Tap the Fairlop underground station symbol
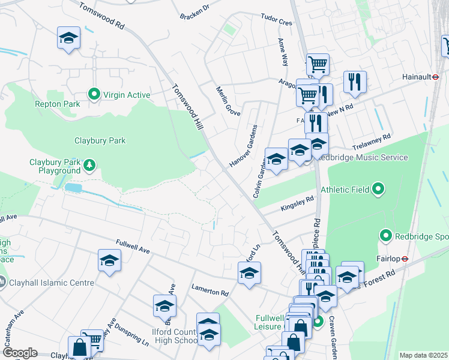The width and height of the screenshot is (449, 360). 405,260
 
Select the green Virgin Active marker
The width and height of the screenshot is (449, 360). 94,95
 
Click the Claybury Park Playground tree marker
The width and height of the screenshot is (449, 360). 89,164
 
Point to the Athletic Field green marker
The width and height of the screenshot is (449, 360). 378,190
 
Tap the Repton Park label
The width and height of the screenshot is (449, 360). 58,104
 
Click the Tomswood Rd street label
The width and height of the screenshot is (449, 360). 103,15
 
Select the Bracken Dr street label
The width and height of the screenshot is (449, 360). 194,11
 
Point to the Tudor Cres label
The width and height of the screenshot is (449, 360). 276,20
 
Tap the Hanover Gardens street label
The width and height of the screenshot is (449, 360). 243,146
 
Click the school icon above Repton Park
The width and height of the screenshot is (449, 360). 69,38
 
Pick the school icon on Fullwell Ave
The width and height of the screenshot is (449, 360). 109,261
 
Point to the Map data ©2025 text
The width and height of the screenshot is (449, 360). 423,355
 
